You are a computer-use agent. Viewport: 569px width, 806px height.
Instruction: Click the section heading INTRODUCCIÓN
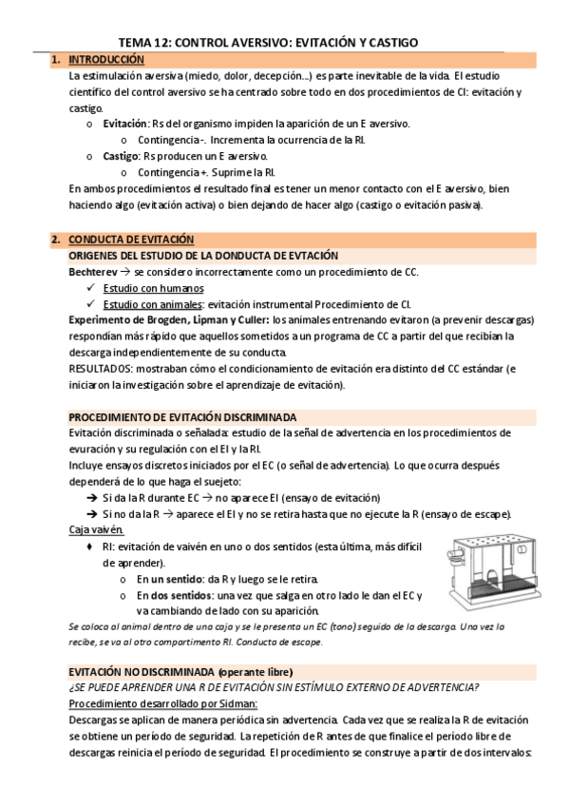105,60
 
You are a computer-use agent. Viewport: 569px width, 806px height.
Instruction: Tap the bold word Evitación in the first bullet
124,124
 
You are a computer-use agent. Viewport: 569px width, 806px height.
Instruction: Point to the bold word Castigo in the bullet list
121,156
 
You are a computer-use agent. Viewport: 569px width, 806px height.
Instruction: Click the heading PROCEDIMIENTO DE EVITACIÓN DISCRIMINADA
182,417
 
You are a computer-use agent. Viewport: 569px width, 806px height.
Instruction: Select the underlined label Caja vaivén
97,530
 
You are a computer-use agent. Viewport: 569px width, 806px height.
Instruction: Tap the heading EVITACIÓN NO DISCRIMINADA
142,671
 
